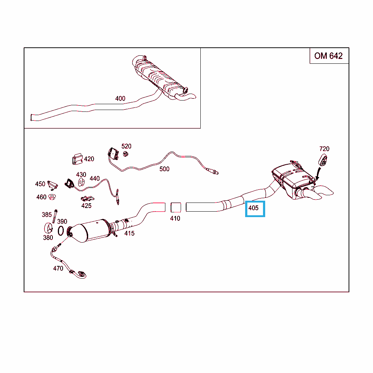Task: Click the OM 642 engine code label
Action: click(x=328, y=56)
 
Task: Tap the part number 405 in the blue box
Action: click(x=254, y=208)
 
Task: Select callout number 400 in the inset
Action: click(x=120, y=98)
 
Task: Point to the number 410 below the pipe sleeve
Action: click(x=175, y=219)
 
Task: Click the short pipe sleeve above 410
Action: click(x=176, y=207)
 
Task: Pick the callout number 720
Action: click(x=324, y=149)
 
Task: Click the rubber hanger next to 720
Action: click(x=323, y=160)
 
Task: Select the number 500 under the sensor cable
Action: click(x=164, y=169)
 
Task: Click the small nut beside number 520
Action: click(x=126, y=154)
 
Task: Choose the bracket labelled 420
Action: click(x=77, y=159)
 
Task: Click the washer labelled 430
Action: click(x=81, y=182)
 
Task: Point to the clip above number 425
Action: click(x=87, y=199)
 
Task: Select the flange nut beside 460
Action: click(x=52, y=197)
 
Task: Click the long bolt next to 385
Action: click(x=55, y=216)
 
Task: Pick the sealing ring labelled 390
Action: click(x=61, y=231)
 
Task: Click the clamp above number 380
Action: click(x=48, y=228)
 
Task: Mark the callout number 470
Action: click(x=58, y=268)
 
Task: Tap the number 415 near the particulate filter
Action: click(x=129, y=233)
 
